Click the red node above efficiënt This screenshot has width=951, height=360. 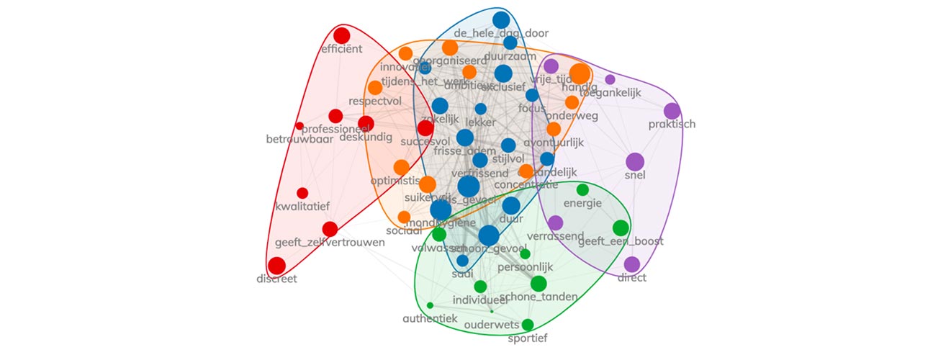tap(341, 35)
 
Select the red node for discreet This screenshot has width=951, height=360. tap(276, 266)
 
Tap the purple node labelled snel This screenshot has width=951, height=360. tap(635, 162)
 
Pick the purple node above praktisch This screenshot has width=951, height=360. tap(672, 111)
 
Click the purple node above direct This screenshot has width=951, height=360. tap(631, 264)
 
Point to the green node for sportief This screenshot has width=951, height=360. tap(528, 325)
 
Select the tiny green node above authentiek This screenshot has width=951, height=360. tap(430, 305)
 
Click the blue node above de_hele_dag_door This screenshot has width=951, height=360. tap(501, 19)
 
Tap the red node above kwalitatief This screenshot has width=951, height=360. tap(302, 193)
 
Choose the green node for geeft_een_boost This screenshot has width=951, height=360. tap(621, 228)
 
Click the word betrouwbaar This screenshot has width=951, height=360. tap(299, 140)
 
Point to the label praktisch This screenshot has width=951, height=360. tap(672, 125)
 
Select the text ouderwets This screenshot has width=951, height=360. tap(492, 325)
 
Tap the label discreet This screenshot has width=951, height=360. tap(276, 279)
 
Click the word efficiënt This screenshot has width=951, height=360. tap(341, 50)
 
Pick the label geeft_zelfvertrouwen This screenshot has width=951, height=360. tap(330, 243)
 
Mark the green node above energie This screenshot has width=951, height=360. tap(582, 189)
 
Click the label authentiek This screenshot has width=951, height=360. tap(430, 318)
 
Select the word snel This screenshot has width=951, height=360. tap(635, 176)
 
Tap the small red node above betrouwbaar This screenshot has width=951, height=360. tap(299, 126)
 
